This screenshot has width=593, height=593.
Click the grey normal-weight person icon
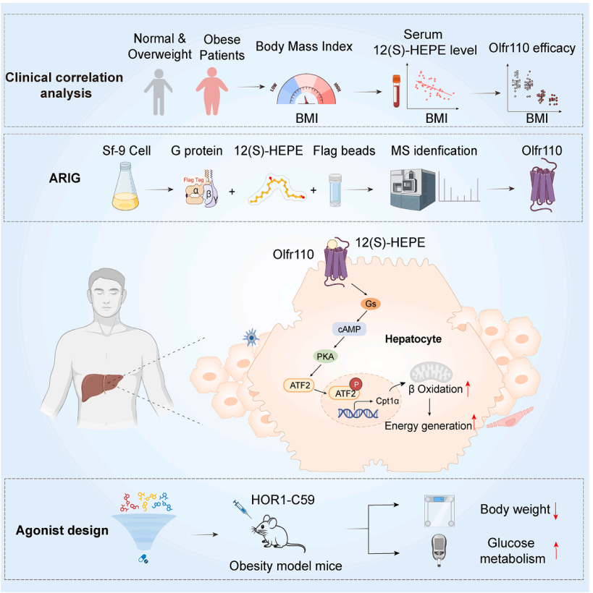tap(159, 91)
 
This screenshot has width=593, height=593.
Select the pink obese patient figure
tap(216, 90)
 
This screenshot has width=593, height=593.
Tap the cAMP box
tap(348, 328)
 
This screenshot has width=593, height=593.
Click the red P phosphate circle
tap(356, 384)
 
